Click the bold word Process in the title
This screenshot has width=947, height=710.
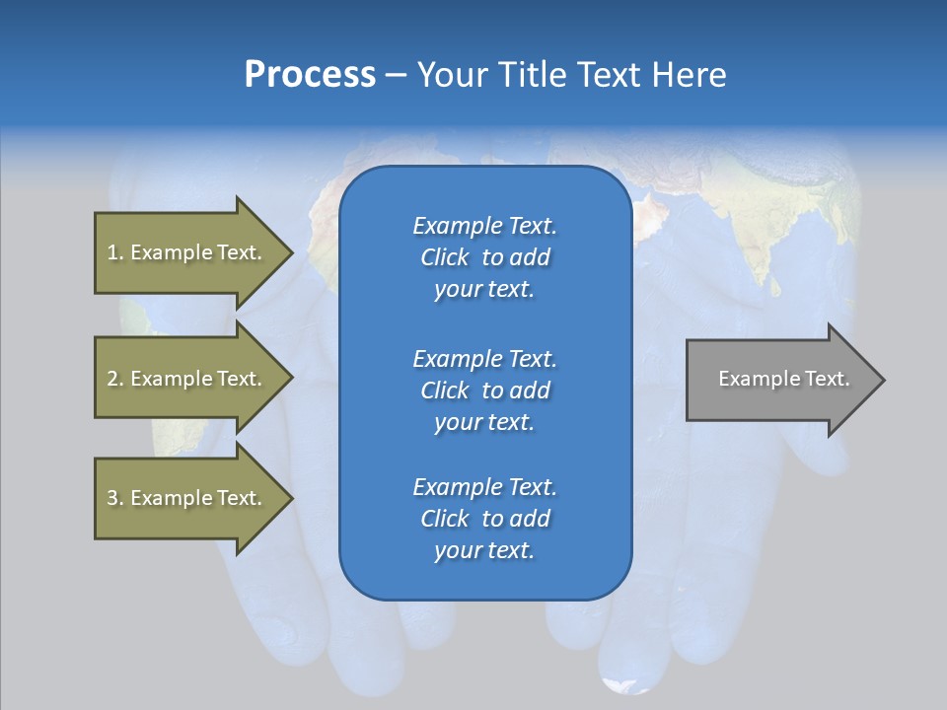(x=310, y=75)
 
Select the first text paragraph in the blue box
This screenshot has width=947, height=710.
(x=484, y=257)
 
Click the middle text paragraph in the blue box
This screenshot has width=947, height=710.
(x=484, y=390)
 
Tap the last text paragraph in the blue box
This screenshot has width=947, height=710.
(x=484, y=519)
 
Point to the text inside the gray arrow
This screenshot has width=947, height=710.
(x=783, y=379)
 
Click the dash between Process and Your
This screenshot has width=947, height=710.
(x=397, y=75)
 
